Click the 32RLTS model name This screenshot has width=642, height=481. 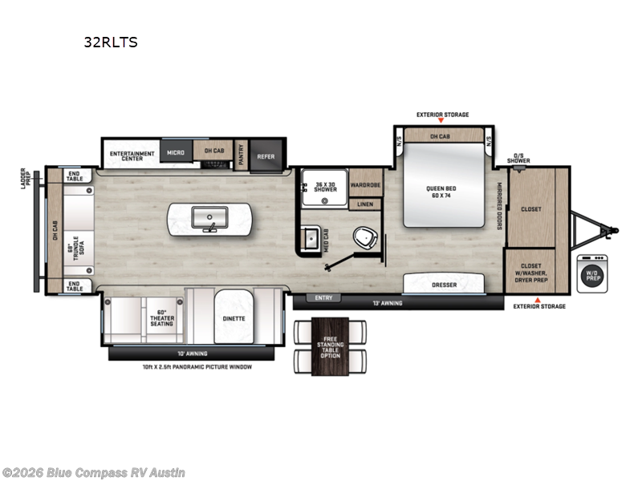(111, 42)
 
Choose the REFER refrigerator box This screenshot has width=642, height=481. (265, 156)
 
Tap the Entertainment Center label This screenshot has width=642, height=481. (127, 156)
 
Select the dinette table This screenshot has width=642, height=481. (234, 317)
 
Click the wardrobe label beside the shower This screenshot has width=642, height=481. (365, 183)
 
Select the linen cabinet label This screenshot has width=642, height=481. (365, 204)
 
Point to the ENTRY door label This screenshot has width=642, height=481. (323, 298)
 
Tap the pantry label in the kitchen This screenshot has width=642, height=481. (240, 156)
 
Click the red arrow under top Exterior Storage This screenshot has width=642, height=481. (442, 122)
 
